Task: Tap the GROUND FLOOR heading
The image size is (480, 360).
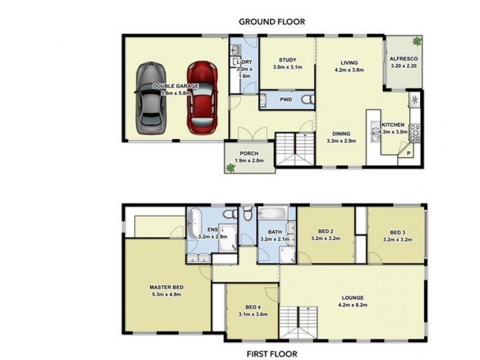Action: click(272, 22)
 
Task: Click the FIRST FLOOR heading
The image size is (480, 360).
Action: click(272, 354)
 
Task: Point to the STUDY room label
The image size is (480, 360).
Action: click(287, 59)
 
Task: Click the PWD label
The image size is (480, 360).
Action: click(286, 100)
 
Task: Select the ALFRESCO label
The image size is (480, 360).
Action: click(403, 59)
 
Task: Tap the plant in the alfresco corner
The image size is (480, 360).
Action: click(416, 41)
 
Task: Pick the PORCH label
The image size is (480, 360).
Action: click(248, 153)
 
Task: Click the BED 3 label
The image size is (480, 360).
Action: click(397, 232)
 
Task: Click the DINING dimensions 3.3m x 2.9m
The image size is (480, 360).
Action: click(341, 141)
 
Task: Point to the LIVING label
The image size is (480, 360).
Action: click(349, 62)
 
